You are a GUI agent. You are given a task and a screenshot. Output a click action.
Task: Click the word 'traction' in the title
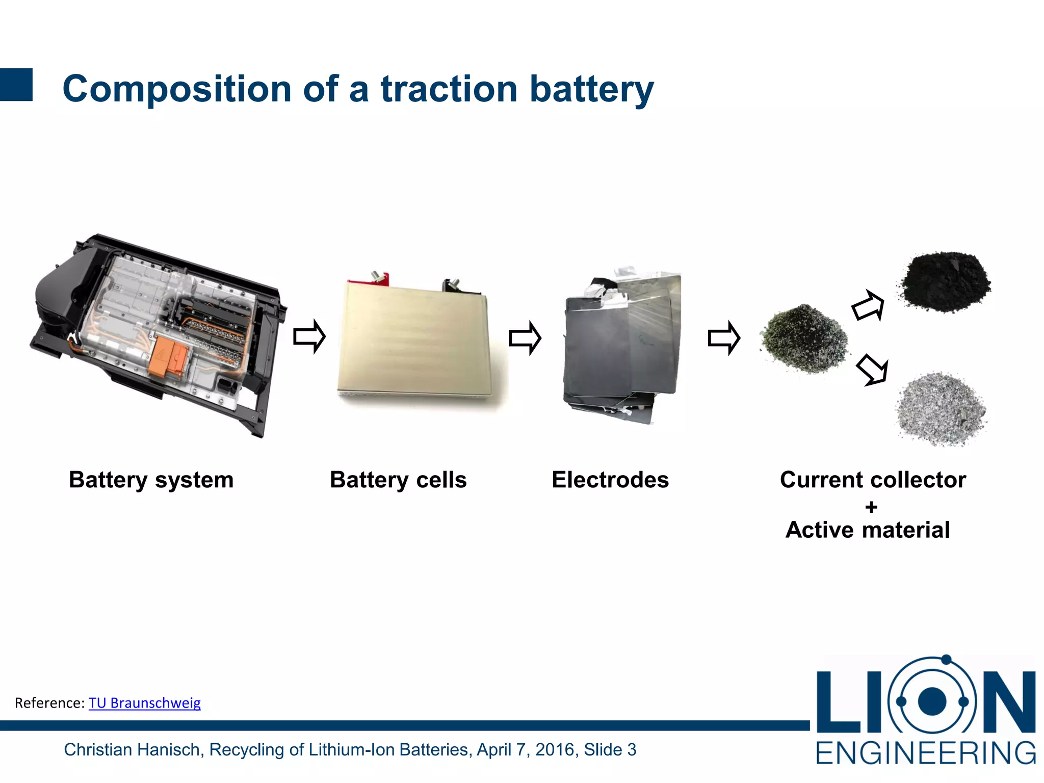click(x=449, y=89)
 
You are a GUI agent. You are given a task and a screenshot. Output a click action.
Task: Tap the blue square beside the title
click(x=16, y=85)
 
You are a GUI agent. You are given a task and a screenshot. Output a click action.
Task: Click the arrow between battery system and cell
click(x=309, y=336)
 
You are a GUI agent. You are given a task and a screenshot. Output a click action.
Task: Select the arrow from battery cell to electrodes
click(x=525, y=337)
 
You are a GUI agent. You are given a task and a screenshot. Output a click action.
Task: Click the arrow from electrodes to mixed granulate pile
click(x=724, y=337)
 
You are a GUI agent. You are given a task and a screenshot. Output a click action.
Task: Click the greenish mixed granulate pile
click(x=804, y=339)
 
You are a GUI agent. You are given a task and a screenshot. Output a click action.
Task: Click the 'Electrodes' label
click(x=610, y=480)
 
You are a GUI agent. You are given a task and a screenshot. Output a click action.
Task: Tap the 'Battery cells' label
click(x=398, y=480)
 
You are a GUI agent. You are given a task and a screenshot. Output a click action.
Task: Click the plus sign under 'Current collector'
click(x=871, y=507)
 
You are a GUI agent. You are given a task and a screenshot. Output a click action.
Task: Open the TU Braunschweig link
click(x=144, y=703)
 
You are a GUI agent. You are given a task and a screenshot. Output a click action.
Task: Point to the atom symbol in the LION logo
click(x=932, y=701)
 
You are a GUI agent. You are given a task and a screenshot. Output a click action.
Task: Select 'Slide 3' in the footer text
click(x=610, y=750)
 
